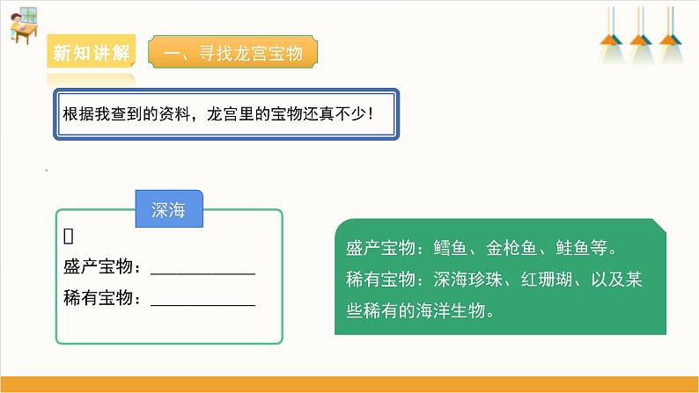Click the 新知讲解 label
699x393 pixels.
(x=92, y=53)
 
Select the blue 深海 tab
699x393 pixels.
(x=169, y=211)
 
